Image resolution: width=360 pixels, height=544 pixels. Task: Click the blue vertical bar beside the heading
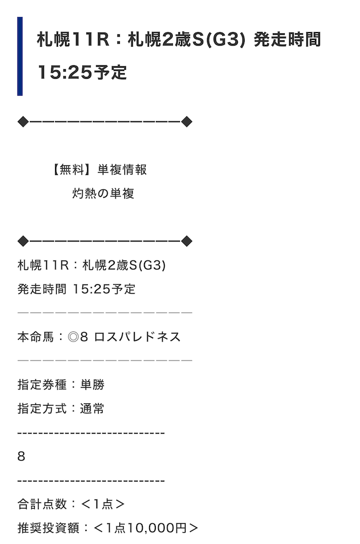coord(20,56)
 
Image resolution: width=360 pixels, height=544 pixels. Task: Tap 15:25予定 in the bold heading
coord(82,73)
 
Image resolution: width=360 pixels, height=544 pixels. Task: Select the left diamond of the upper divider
coord(23,122)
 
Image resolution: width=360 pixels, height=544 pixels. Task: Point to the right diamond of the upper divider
coord(187,122)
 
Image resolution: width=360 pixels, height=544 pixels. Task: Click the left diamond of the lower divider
coord(23,241)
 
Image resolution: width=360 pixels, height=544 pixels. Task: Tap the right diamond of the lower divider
coord(187,241)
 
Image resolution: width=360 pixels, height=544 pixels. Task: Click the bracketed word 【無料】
coord(71,170)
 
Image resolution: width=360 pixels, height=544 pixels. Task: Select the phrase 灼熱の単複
coord(103,194)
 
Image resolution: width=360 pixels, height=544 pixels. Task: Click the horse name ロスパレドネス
coord(137,337)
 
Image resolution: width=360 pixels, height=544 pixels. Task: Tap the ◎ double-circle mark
coord(73,337)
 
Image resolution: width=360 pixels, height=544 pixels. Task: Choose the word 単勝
coord(92,385)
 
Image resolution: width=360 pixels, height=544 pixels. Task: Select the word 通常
coord(92,408)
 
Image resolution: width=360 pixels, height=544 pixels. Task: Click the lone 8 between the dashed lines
coord(21,457)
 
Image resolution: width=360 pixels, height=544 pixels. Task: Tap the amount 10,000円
coord(157,528)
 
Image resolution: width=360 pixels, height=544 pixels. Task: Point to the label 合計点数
coord(42,504)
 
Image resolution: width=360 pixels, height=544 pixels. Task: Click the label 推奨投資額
coord(48,528)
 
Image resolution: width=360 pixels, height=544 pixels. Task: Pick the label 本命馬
coord(36,337)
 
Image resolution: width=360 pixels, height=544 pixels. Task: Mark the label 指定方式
coord(42,408)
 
